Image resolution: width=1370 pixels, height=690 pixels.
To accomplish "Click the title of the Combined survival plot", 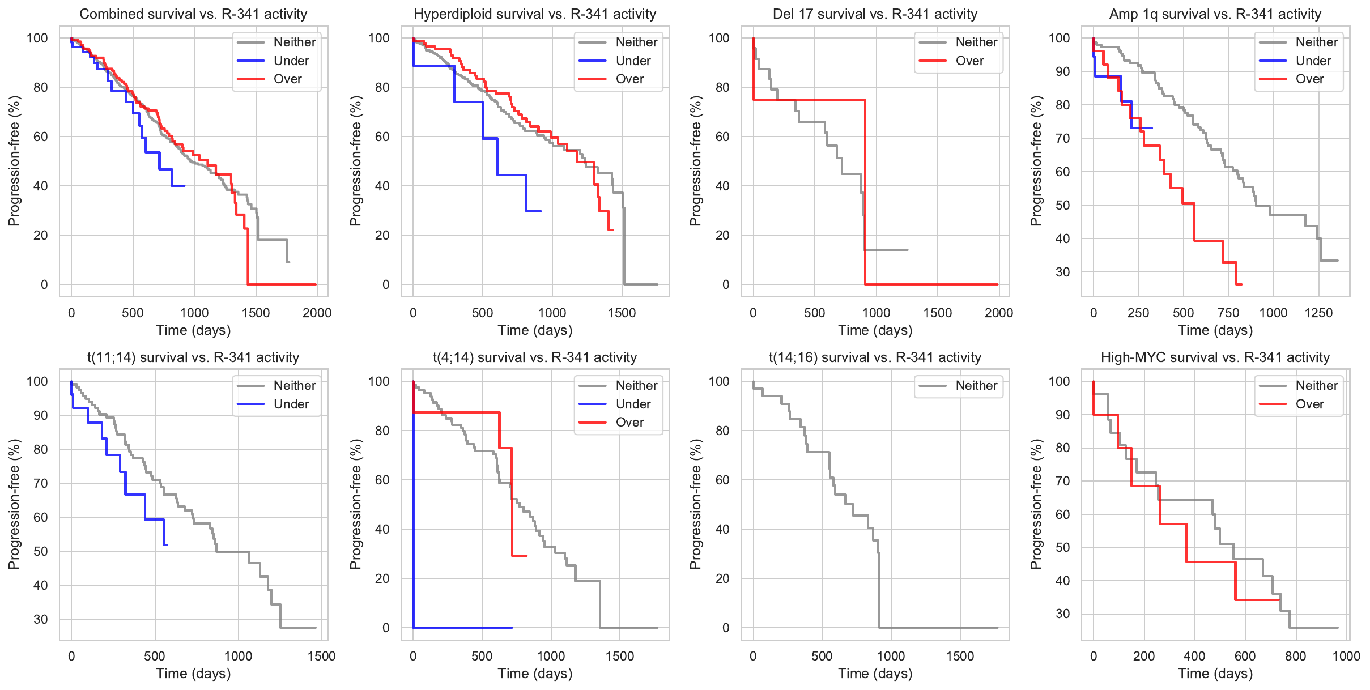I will coord(193,14).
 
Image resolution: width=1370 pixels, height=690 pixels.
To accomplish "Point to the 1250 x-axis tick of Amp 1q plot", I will coord(1318,313).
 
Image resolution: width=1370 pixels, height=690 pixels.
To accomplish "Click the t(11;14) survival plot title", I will coord(193,357).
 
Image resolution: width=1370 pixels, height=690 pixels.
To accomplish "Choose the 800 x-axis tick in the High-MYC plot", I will coord(1295,656).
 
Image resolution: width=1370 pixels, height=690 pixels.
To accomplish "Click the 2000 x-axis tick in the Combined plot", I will coord(317,313).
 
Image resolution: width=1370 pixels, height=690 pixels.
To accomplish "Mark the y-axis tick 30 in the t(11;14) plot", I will coord(41,619).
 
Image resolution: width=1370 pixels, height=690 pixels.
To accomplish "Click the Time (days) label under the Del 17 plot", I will coord(875,330).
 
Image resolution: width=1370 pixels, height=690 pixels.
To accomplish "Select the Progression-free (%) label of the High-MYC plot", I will coord(1036,504).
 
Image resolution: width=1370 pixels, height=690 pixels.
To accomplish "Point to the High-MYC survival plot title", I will coord(1215,357).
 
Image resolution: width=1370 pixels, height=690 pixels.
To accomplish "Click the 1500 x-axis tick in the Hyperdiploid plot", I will coord(622,313).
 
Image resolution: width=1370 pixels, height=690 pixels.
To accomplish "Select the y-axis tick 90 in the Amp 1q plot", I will coord(1059,71).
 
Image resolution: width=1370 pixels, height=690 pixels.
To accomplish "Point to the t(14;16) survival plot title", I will coord(875,357).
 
